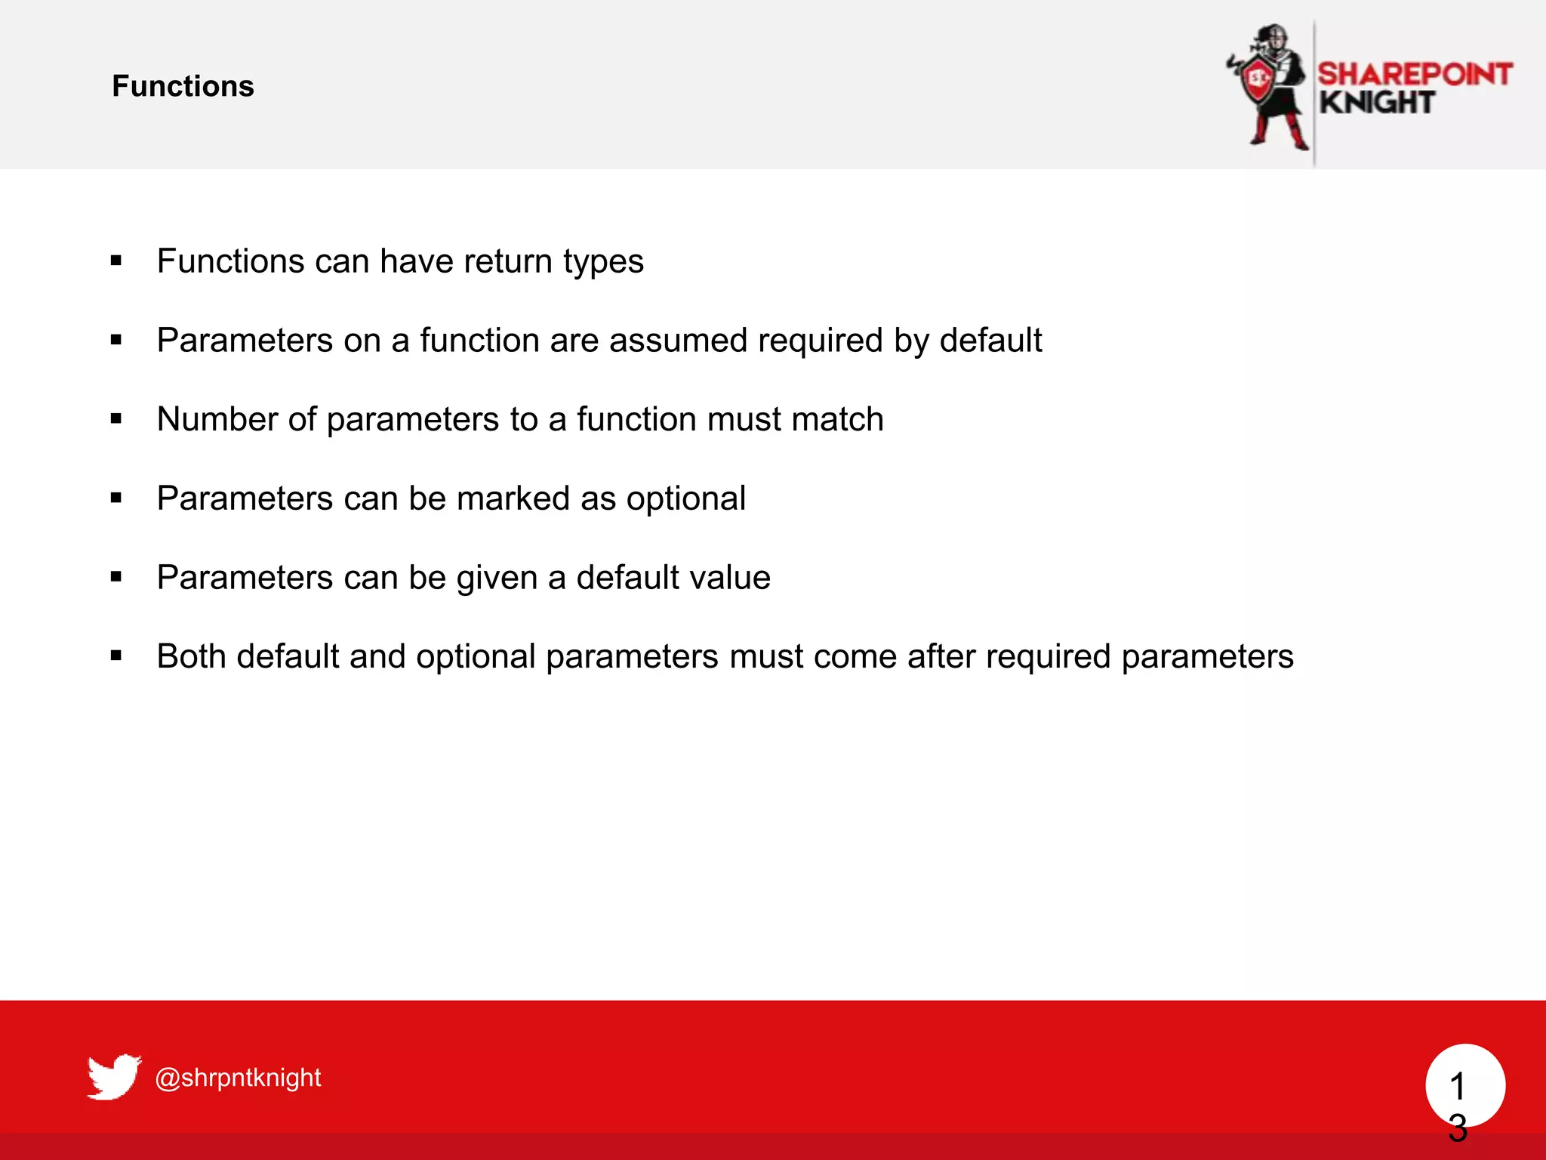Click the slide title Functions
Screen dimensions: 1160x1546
coord(183,86)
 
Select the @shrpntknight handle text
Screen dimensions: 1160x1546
coord(238,1077)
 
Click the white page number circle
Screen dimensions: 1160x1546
coord(1465,1084)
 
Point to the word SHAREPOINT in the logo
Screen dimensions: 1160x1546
coord(1415,74)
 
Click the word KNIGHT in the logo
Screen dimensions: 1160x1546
coord(1377,103)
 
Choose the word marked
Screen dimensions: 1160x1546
coord(513,498)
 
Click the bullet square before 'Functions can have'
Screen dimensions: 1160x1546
coord(115,261)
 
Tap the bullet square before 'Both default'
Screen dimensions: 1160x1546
coord(115,656)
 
